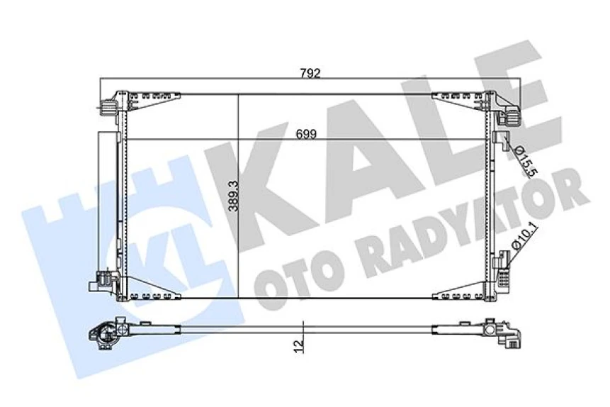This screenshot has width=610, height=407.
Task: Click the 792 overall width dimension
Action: click(x=310, y=72)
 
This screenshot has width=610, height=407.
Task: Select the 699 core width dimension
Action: click(x=306, y=133)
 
